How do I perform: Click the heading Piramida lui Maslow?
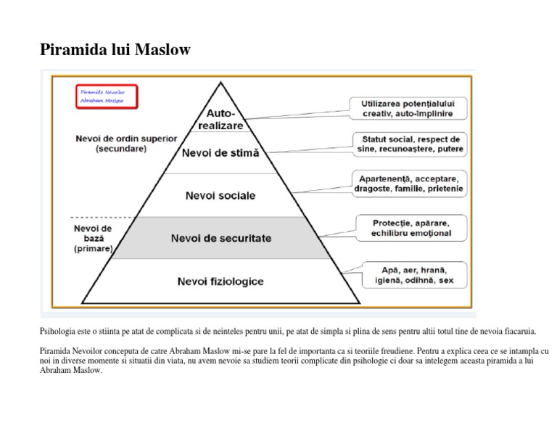click(x=115, y=50)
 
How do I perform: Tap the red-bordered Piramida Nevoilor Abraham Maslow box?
click(x=107, y=97)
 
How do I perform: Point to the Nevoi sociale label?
click(x=220, y=196)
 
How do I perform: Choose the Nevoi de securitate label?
click(x=220, y=238)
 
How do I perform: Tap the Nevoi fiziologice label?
click(x=220, y=281)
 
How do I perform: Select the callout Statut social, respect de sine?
click(x=410, y=144)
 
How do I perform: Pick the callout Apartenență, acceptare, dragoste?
click(x=410, y=184)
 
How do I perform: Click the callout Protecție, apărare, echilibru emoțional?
click(x=410, y=228)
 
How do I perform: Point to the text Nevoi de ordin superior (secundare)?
click(x=120, y=143)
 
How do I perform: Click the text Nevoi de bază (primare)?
click(x=93, y=238)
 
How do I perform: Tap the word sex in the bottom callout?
click(x=447, y=280)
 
